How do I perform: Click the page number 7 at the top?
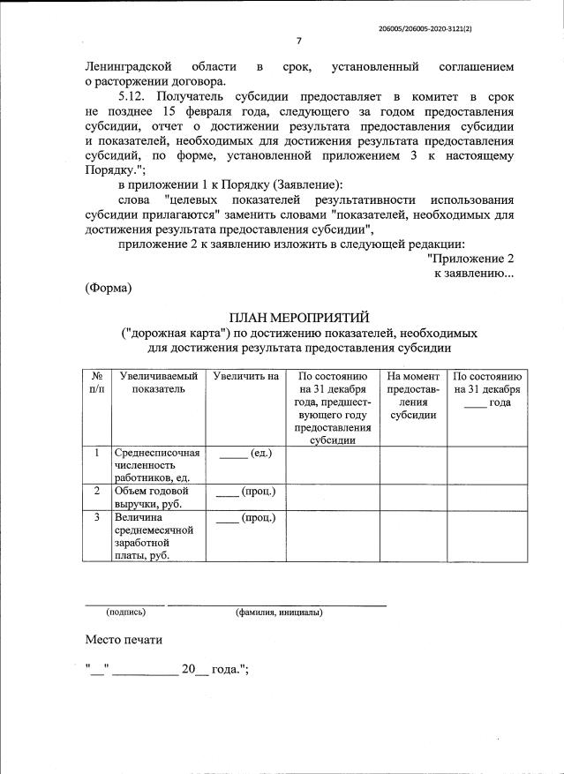tap(298, 41)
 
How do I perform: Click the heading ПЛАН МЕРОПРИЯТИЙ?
tap(299, 318)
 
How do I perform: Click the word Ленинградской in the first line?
tap(130, 66)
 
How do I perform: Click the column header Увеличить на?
tap(246, 377)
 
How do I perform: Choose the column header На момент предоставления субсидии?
tap(413, 395)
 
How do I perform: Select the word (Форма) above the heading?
tap(108, 288)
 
